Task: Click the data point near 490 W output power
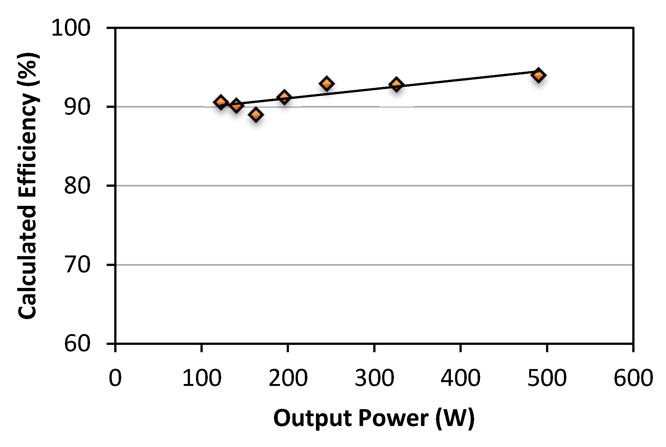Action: (538, 75)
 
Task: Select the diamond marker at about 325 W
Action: (396, 84)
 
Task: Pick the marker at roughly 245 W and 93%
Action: (326, 83)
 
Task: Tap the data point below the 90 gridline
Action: (256, 115)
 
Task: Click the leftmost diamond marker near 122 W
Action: (221, 102)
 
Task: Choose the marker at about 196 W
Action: (284, 97)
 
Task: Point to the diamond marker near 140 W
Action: (236, 104)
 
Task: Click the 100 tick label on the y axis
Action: (71, 28)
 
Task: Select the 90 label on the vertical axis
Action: (77, 107)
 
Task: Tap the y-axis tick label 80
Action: (77, 186)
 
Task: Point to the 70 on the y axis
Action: (77, 265)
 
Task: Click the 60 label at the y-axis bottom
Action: (77, 344)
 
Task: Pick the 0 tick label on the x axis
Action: (115, 378)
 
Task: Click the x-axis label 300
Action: (374, 378)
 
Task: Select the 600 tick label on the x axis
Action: (633, 378)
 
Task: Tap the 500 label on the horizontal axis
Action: (547, 378)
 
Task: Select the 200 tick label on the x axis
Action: (288, 378)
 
